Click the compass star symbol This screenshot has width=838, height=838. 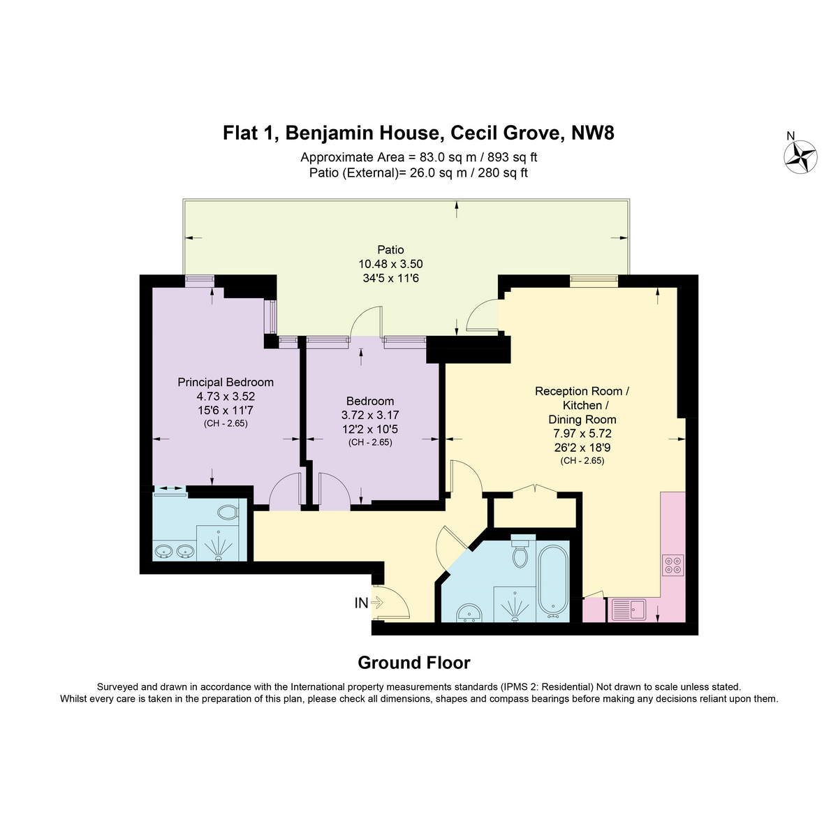click(800, 156)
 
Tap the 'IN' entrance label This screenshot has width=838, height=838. click(361, 603)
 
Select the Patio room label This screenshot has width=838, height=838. click(390, 249)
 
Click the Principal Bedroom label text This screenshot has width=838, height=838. click(226, 382)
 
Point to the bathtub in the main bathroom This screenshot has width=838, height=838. click(552, 580)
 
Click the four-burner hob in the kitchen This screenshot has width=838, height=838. click(672, 565)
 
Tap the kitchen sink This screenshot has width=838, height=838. click(628, 609)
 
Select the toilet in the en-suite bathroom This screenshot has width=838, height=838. click(228, 512)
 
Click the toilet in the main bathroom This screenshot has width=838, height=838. click(520, 552)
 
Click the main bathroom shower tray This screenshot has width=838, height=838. click(515, 603)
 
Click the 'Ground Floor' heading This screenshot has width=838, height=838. click(414, 663)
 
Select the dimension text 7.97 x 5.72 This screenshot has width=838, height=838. click(582, 434)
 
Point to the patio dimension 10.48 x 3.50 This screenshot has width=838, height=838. click(390, 264)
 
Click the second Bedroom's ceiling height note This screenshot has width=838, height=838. click(370, 443)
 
